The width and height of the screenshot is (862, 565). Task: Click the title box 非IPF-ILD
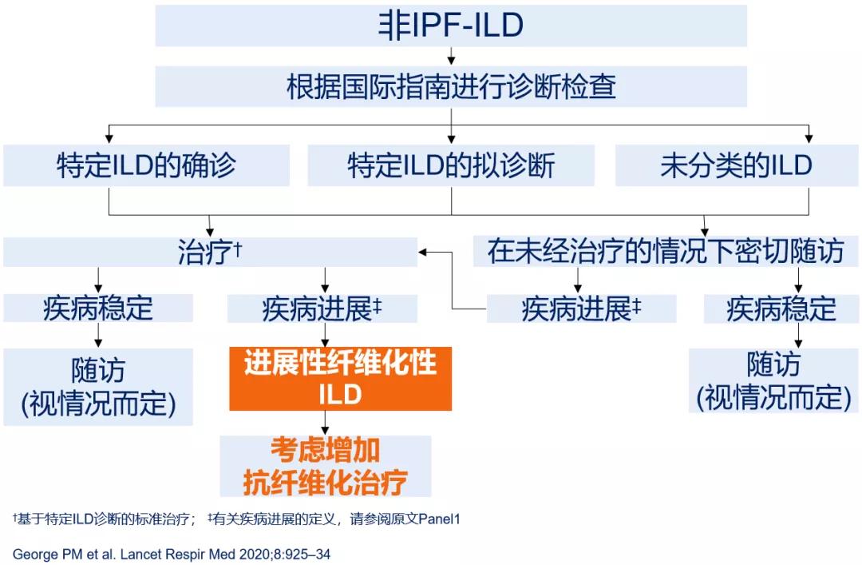pyautogui.click(x=451, y=26)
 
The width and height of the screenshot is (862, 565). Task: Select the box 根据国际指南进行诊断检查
pyautogui.click(x=451, y=86)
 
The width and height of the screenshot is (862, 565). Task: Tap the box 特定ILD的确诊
pyautogui.click(x=146, y=165)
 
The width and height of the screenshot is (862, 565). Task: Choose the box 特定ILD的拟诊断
pyautogui.click(x=451, y=165)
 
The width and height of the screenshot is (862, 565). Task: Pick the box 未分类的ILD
pyautogui.click(x=736, y=165)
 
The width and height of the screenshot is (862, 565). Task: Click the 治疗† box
pyautogui.click(x=210, y=253)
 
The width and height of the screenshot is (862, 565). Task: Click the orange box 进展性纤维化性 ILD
pyautogui.click(x=341, y=379)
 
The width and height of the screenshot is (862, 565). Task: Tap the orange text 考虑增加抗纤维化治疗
pyautogui.click(x=326, y=467)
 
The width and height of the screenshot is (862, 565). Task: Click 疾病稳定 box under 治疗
pyautogui.click(x=98, y=308)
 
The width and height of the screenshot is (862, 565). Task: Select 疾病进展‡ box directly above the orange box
pyautogui.click(x=322, y=308)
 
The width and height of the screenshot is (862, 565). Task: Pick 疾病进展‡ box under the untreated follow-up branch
pyautogui.click(x=581, y=308)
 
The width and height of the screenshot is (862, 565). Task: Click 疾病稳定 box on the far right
pyautogui.click(x=781, y=308)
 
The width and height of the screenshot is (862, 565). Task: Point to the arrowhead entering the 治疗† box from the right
pyautogui.click(x=425, y=252)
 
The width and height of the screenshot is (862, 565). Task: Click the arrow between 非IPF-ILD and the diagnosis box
pyautogui.click(x=451, y=57)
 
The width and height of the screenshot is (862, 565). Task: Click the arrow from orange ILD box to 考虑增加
pyautogui.click(x=325, y=424)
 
